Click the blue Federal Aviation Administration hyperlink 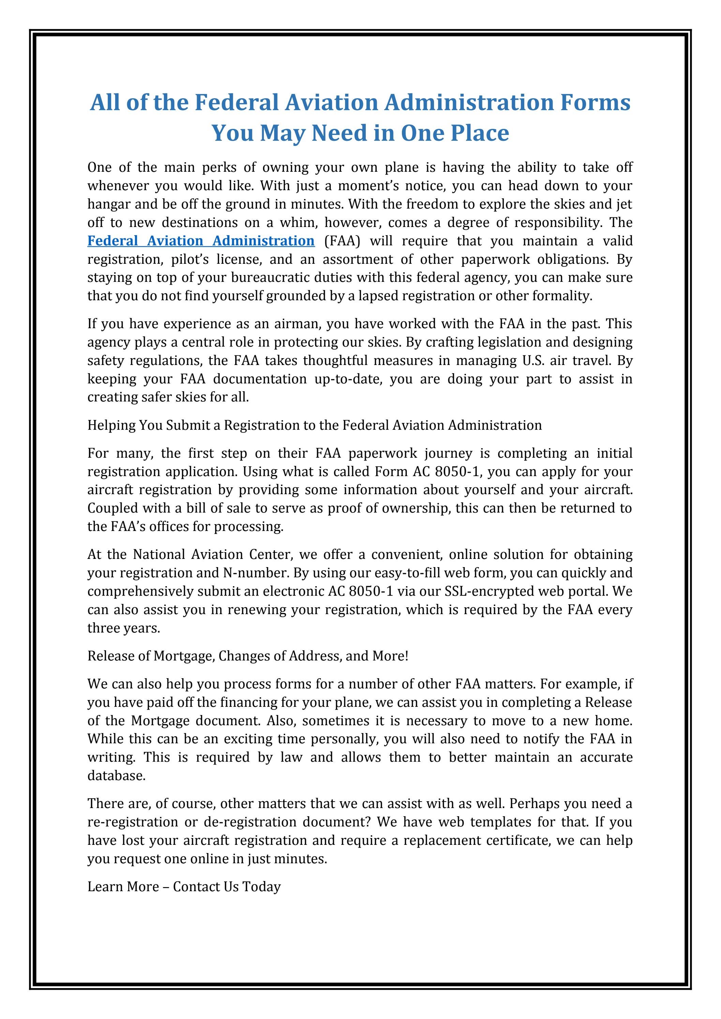coord(201,241)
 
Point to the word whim coord(295,222)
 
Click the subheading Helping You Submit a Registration coord(314,425)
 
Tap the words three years coord(123,628)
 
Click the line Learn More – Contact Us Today coord(184,887)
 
